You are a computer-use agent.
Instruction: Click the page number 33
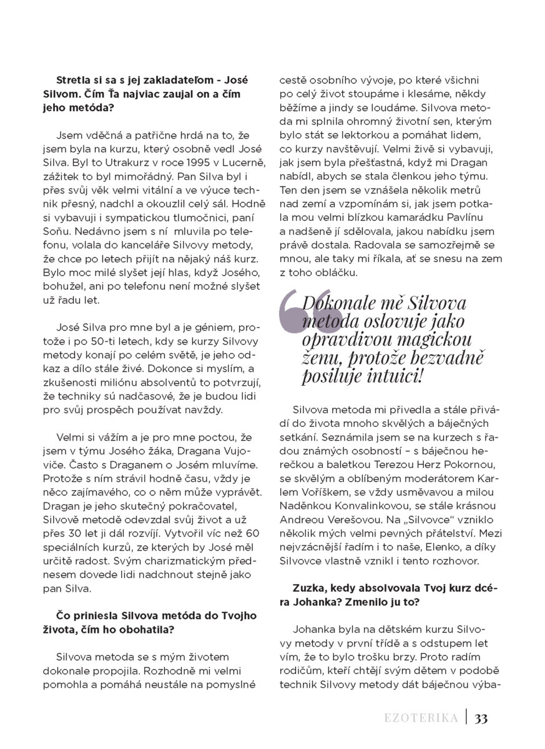481,718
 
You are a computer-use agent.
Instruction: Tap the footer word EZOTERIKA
421,718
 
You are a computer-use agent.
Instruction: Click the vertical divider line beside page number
465,718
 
